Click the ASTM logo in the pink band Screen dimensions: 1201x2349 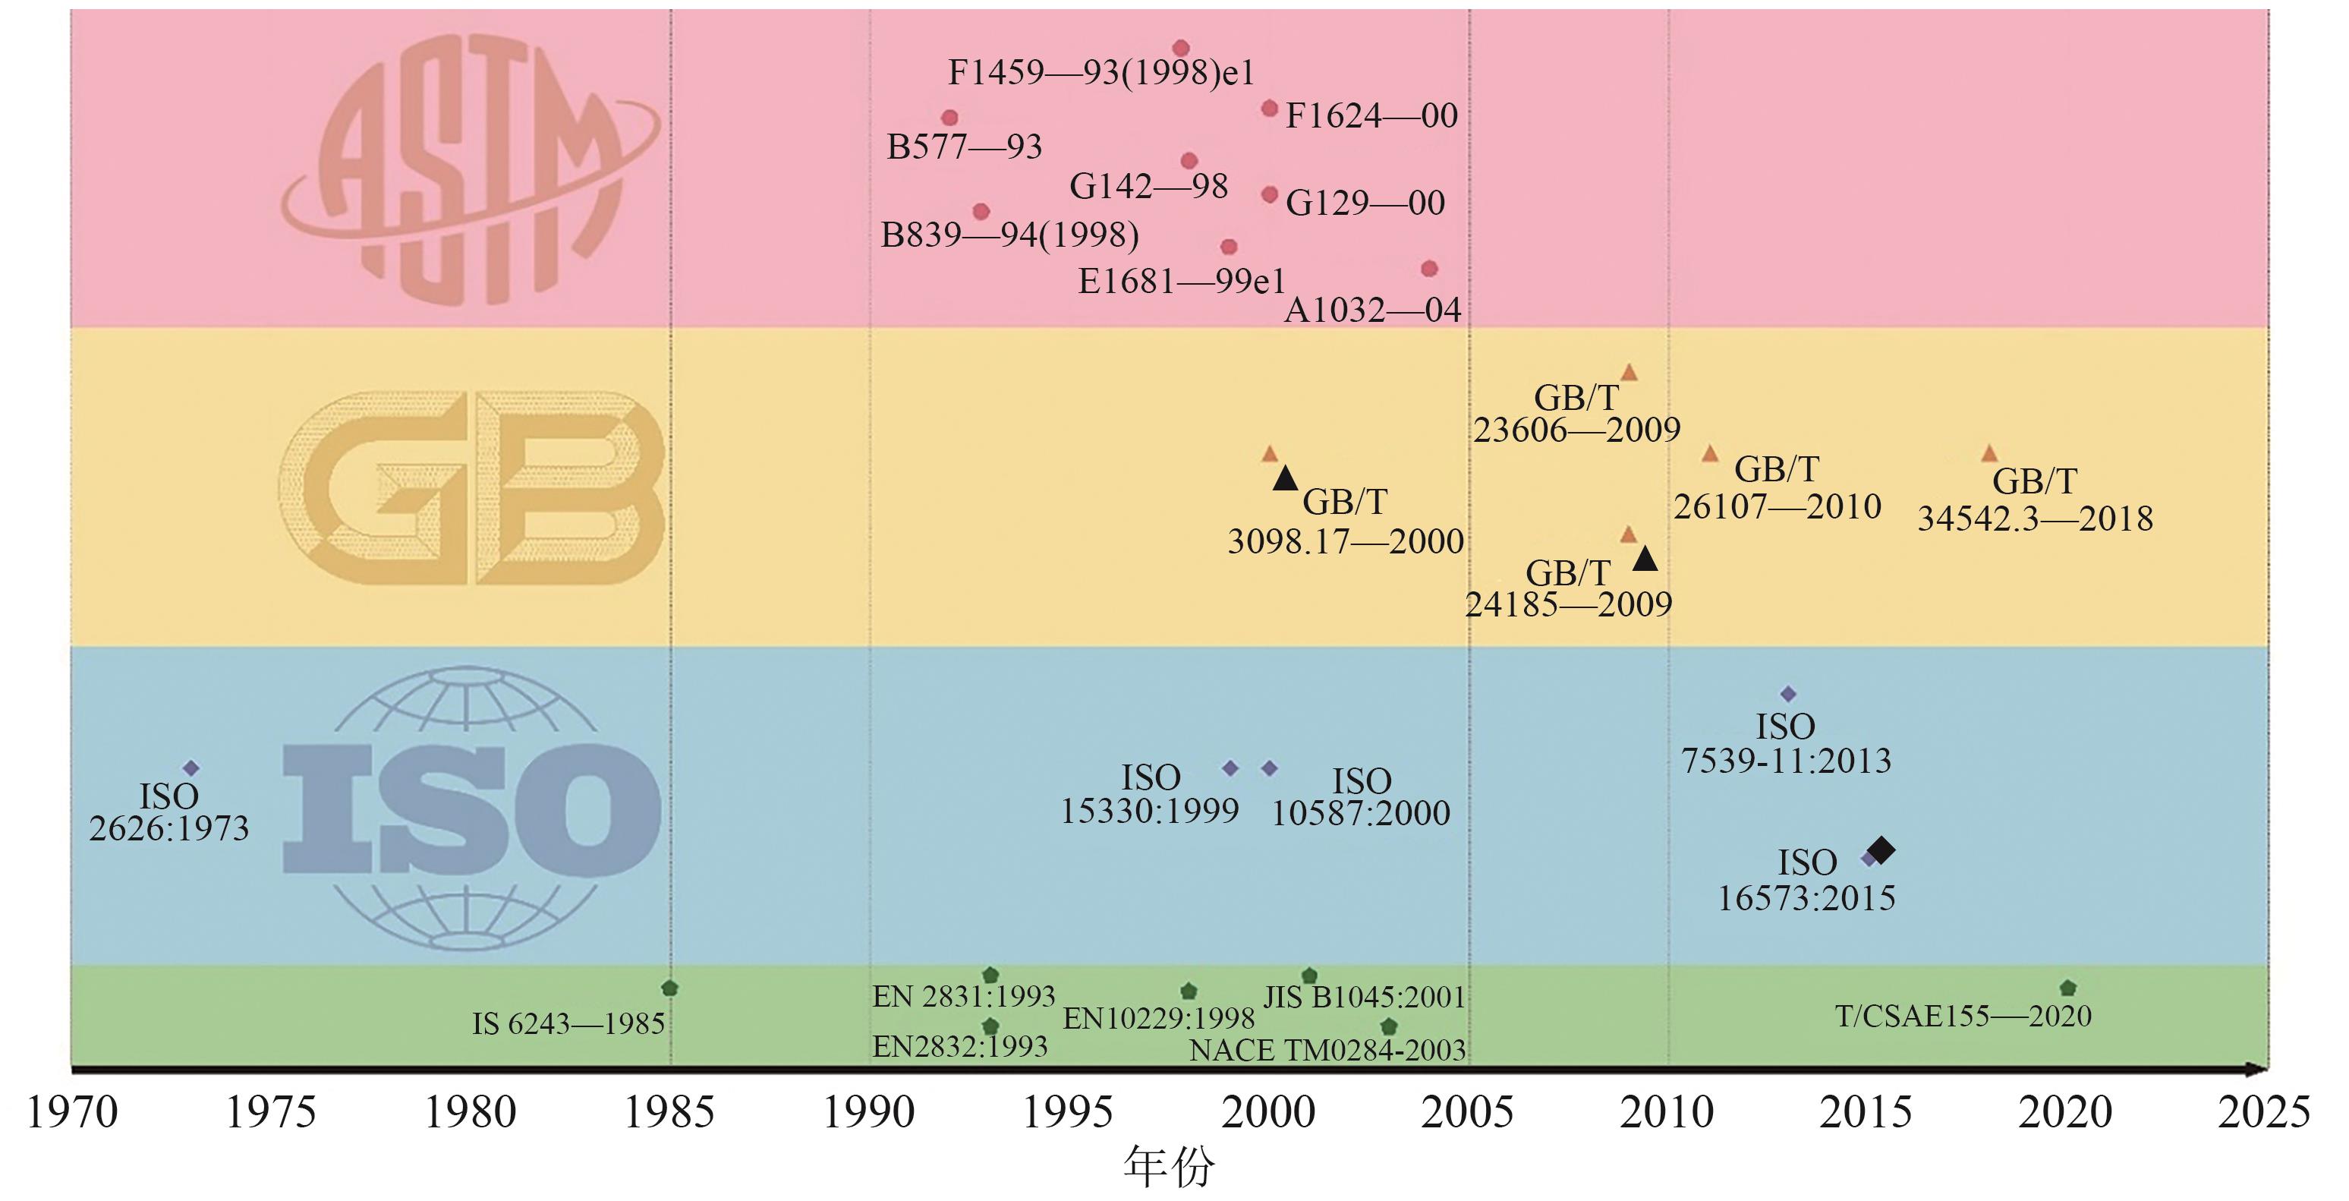click(470, 169)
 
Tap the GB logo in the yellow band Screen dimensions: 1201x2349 click(471, 488)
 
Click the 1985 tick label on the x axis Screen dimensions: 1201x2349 click(669, 1112)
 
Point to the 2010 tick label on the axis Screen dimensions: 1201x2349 click(1667, 1112)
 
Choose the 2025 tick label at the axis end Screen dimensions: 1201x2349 click(2264, 1112)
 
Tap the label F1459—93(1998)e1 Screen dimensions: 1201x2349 click(1101, 73)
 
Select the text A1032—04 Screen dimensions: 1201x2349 click(1372, 311)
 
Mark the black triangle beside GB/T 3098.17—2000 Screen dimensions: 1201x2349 click(1285, 478)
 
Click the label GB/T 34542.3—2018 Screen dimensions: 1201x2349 click(2034, 500)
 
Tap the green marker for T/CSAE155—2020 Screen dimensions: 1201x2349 click(2068, 988)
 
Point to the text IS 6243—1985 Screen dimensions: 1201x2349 click(568, 1024)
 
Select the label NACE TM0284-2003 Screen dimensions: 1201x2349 click(1327, 1051)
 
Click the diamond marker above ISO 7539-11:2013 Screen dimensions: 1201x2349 click(1787, 694)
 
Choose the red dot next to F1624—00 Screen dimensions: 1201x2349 click(1269, 109)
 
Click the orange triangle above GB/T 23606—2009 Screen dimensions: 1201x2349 click(1629, 372)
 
